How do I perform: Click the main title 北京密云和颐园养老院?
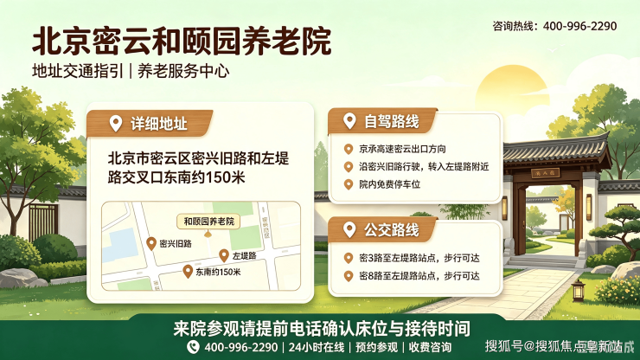pos(182,42)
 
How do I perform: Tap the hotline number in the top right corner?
pos(579,26)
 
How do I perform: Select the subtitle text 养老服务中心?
pos(183,71)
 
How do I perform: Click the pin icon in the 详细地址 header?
pos(116,124)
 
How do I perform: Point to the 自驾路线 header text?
pos(392,121)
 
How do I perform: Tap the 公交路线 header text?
pos(392,229)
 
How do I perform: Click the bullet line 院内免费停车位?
pos(389,184)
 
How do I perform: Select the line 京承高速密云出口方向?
pos(402,149)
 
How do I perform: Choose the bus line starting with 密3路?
pos(419,258)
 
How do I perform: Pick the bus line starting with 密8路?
pos(419,276)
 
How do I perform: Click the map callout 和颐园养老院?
pos(208,222)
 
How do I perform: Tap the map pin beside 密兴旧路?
pos(151,243)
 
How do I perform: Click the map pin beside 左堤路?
pos(224,256)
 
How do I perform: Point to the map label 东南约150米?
pos(218,272)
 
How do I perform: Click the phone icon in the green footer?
pos(193,347)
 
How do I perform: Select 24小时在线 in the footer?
pos(317,347)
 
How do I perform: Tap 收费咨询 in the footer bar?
pos(430,347)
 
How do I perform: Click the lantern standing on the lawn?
pos(578,290)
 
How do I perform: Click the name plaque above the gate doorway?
pos(546,173)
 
